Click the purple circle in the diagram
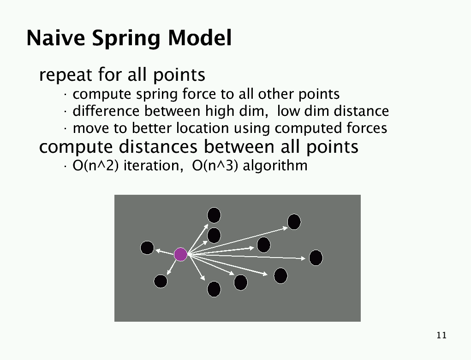click(x=180, y=254)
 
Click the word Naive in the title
click(x=55, y=38)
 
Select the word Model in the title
click(x=200, y=38)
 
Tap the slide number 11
click(x=441, y=335)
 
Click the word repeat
click(x=65, y=75)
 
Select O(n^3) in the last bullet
click(x=215, y=166)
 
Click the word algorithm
click(x=275, y=166)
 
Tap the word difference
click(x=106, y=111)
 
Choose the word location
click(x=202, y=128)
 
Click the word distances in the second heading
click(x=158, y=147)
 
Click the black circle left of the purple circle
click(x=147, y=248)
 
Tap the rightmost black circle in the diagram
click(x=316, y=258)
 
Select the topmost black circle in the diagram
click(x=214, y=215)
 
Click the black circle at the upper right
click(x=294, y=222)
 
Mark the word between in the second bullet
click(x=172, y=111)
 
